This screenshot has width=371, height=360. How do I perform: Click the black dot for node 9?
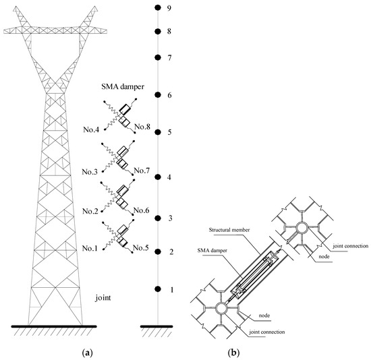tap(157, 7)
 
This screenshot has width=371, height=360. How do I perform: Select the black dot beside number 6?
tap(157, 95)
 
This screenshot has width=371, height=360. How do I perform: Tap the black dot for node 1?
tap(157, 289)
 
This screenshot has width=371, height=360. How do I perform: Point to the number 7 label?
tap(170, 58)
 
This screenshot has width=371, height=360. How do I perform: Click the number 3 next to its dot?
tap(171, 219)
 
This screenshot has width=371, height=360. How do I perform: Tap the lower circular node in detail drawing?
tap(223, 308)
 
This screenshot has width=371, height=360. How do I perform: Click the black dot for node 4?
tap(157, 177)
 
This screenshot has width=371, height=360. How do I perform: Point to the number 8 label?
tap(170, 32)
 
